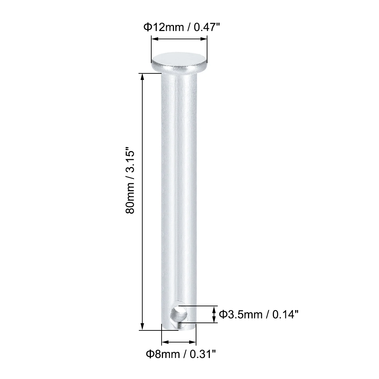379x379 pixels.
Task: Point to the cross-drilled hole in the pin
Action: (180, 314)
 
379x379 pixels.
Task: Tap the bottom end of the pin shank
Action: (178, 331)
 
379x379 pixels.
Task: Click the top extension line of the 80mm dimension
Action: (148, 73)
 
